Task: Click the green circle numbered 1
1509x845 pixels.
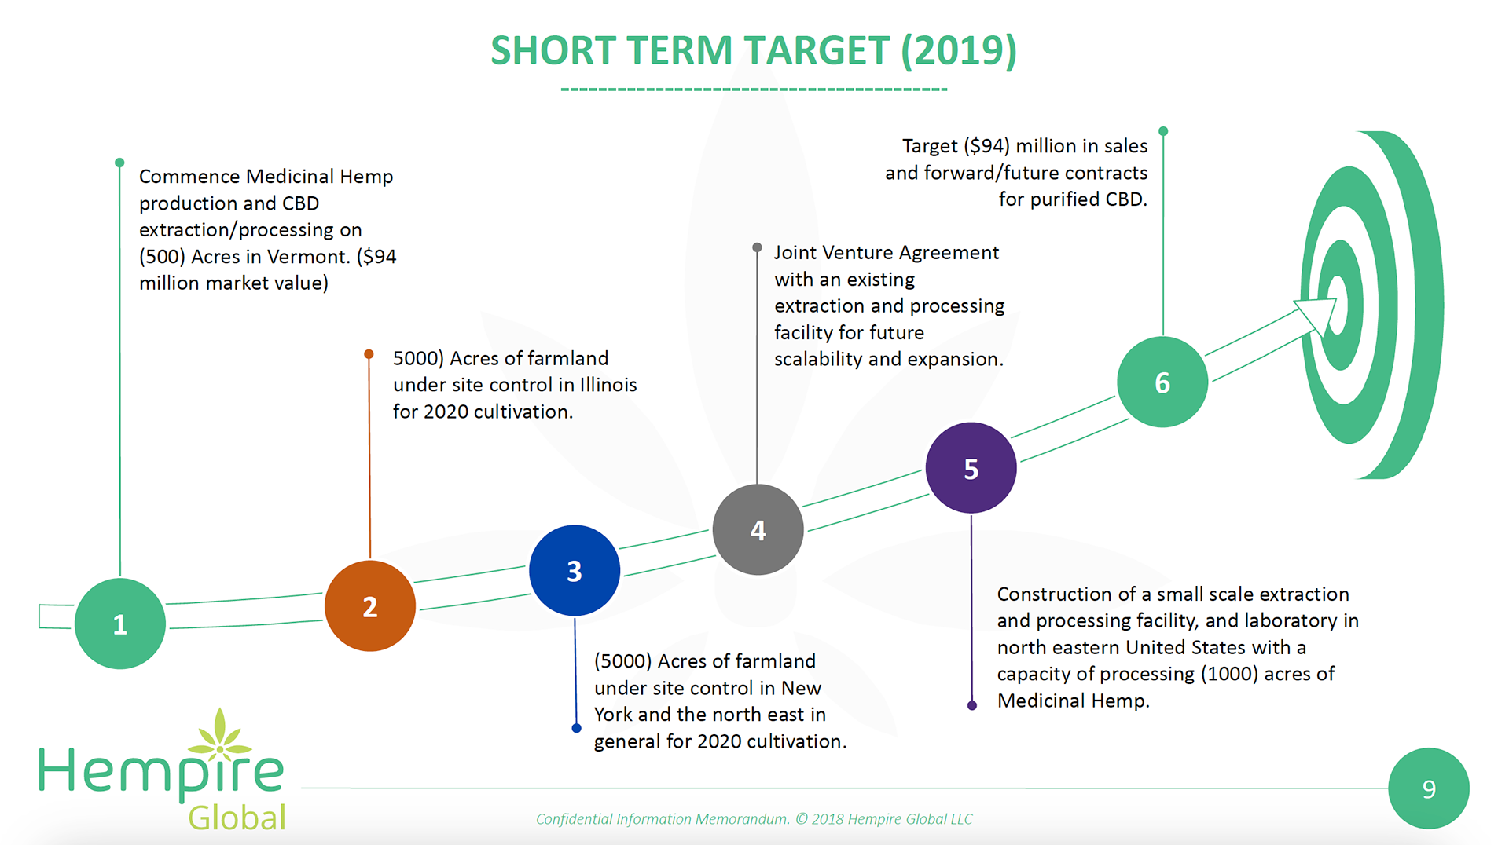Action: point(119,624)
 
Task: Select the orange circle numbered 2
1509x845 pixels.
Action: point(369,605)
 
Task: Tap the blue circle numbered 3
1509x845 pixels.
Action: point(575,570)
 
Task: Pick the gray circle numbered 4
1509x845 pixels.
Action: point(758,529)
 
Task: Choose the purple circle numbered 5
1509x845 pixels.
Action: point(971,468)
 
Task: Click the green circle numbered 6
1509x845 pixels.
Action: point(1162,382)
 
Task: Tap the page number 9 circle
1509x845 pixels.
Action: point(1428,788)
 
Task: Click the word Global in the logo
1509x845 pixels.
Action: point(237,818)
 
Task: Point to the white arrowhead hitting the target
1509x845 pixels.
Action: point(1317,313)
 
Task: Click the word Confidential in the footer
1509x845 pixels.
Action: point(574,819)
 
